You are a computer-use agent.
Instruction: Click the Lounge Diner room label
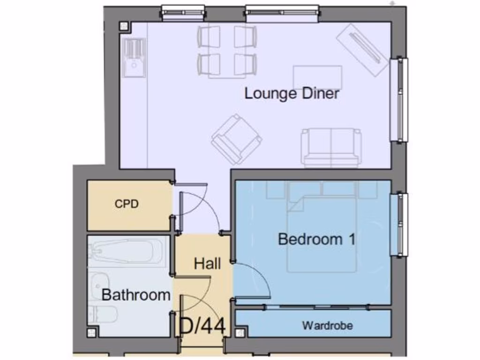(292, 93)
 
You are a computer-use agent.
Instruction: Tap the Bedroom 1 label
(316, 239)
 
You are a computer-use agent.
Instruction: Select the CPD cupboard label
(127, 204)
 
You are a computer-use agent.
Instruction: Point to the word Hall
(207, 263)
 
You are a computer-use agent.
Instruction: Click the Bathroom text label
(135, 295)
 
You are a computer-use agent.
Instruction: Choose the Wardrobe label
(327, 325)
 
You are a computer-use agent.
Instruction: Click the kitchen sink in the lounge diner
(135, 58)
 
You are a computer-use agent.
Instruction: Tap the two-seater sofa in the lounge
(332, 147)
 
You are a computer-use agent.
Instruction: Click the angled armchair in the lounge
(237, 139)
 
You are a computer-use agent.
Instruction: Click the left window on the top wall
(183, 12)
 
